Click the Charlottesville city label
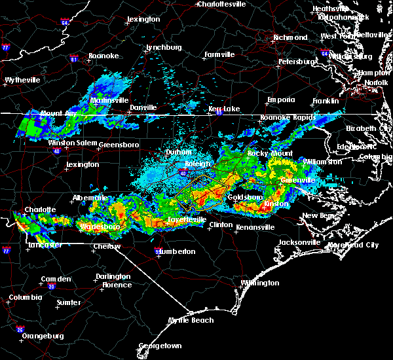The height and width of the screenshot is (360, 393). [221, 4]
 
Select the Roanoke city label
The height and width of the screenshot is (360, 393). [103, 56]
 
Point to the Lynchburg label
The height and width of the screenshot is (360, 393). [163, 48]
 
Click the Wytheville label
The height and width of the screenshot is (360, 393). [22, 80]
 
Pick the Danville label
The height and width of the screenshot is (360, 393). [143, 107]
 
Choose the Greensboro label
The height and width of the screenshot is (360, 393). [120, 144]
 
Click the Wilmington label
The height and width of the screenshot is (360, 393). [259, 283]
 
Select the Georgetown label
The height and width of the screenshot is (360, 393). [160, 346]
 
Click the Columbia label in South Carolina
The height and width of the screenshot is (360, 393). [25, 298]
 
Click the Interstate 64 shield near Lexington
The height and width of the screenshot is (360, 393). [65, 23]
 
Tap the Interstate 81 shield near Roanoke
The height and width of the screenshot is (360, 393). [73, 60]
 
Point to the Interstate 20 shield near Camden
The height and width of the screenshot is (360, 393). [51, 287]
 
